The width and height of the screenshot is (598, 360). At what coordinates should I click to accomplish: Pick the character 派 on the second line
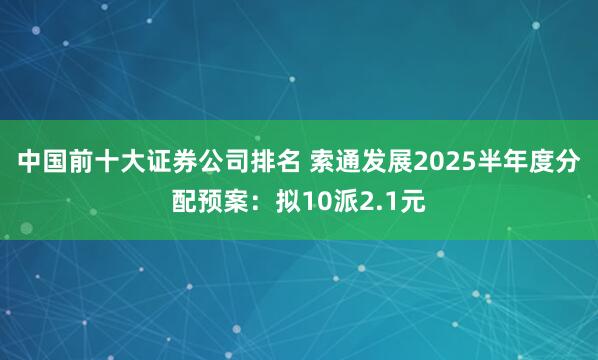tap(345, 202)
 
